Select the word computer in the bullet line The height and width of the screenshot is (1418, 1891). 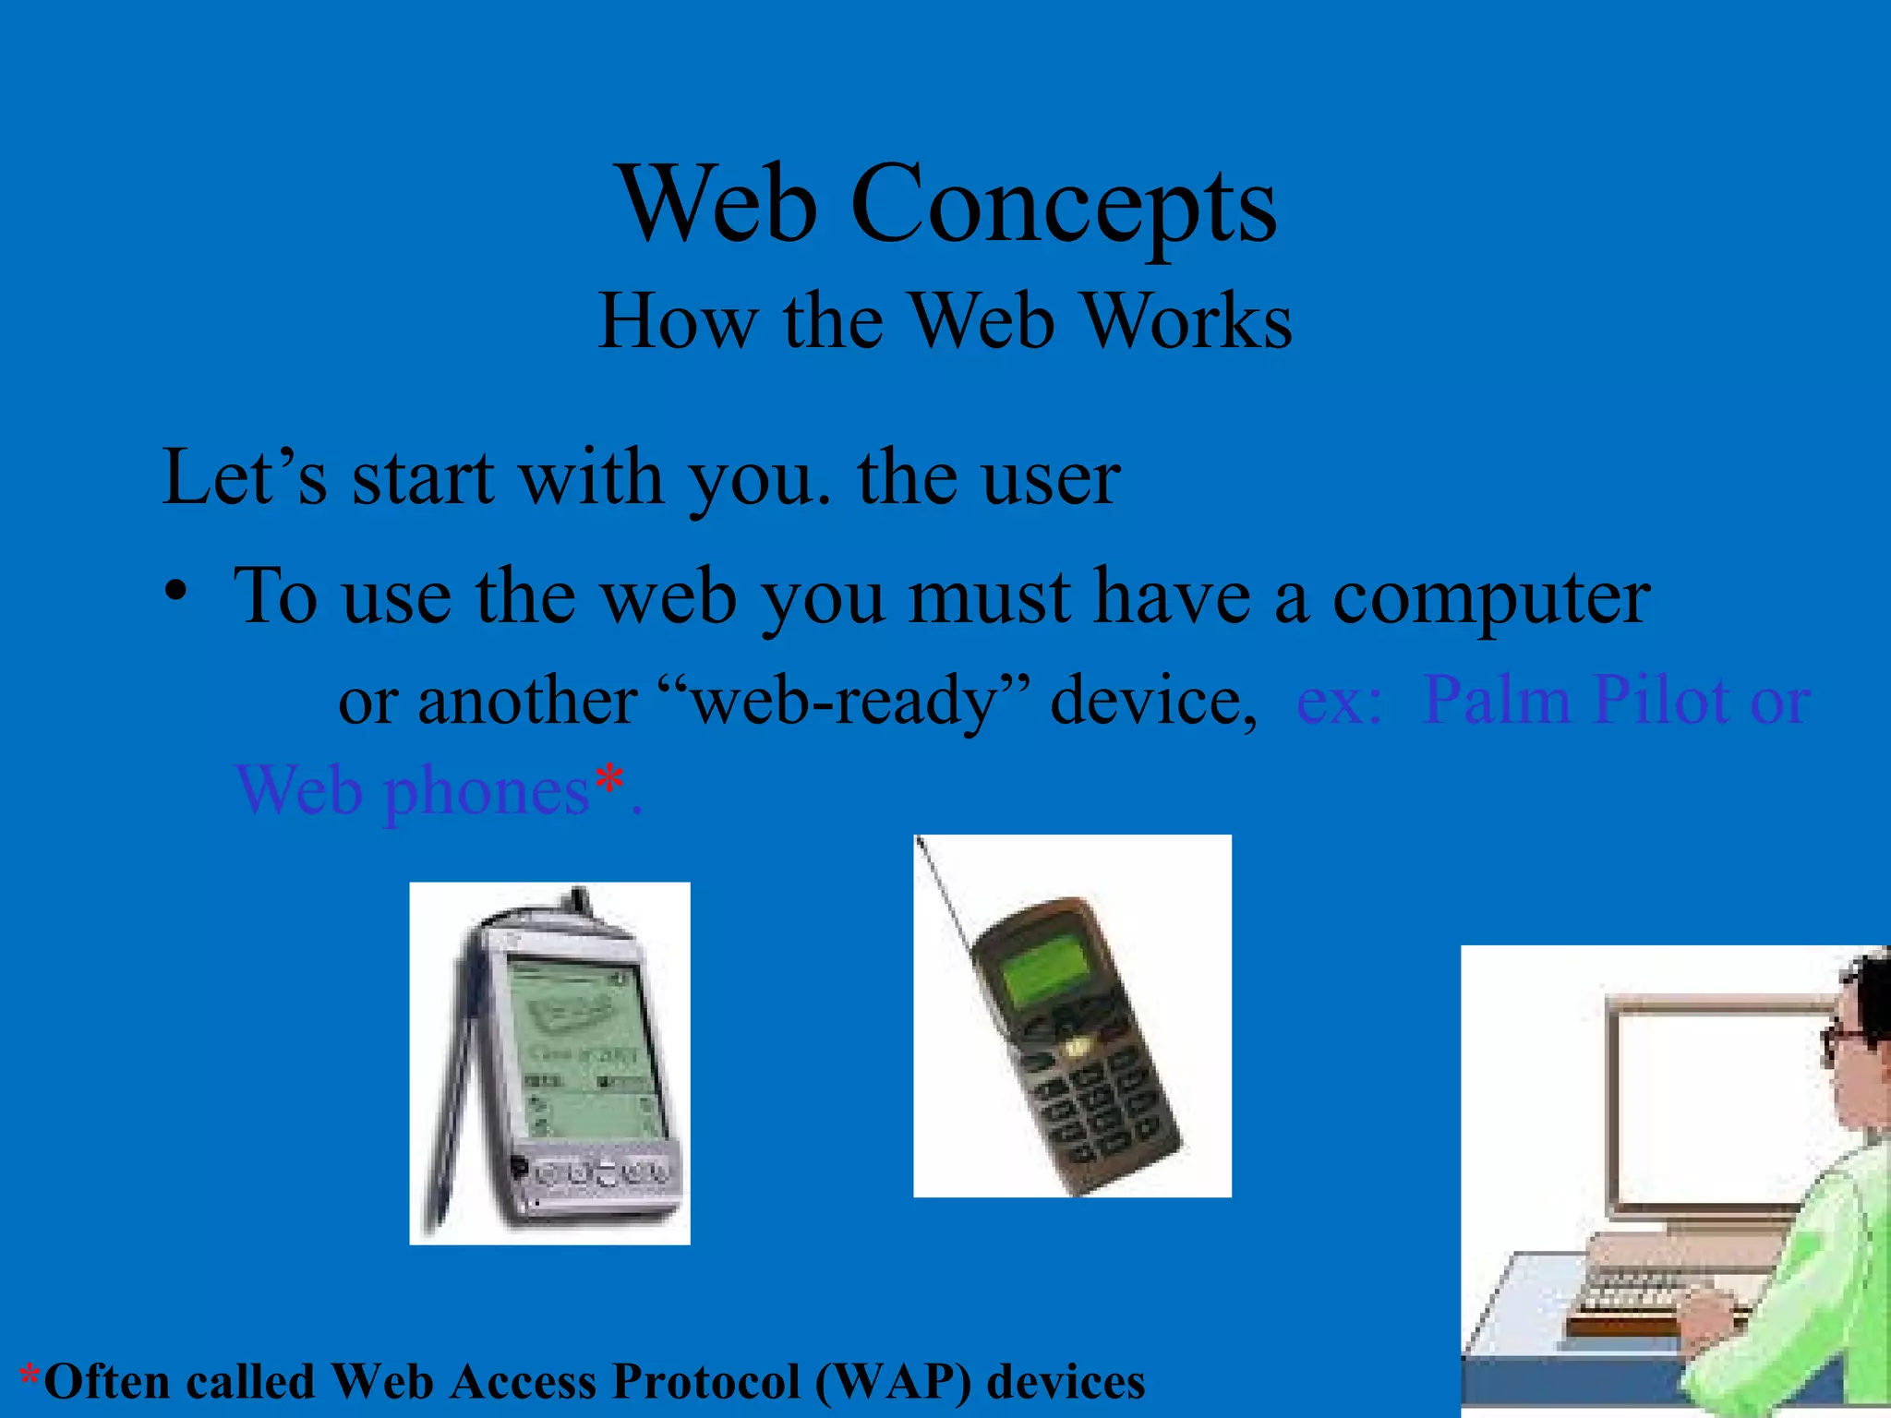1490,596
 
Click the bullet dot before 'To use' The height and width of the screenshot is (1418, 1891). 175,591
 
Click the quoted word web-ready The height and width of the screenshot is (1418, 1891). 844,700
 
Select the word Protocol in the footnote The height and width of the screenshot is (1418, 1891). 705,1382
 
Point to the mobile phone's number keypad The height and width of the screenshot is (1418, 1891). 1099,1112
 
